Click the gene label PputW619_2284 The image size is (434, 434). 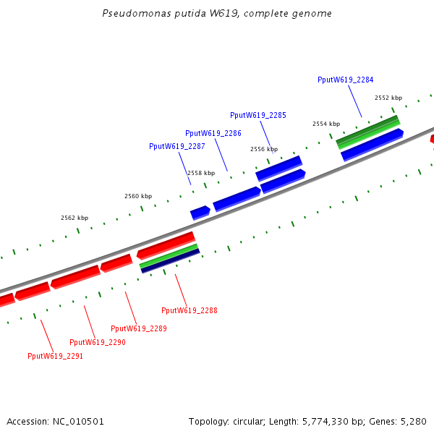point(345,80)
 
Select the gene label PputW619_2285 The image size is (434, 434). point(258,115)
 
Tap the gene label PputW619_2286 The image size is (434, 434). point(213,133)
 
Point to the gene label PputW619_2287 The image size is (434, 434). point(177,146)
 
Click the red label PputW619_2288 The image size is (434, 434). point(190,310)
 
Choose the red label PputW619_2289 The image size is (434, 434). point(139,328)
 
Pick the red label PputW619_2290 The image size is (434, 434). point(98,342)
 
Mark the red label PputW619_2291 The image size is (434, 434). point(56,356)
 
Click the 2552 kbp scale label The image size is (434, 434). point(388,98)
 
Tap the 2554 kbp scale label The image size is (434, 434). point(325,124)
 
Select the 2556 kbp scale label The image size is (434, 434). point(264,149)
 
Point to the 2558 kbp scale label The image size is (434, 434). point(201,173)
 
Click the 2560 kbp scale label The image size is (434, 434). point(138,196)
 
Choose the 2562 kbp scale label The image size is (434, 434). point(75,218)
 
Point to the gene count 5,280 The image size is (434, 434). point(412,421)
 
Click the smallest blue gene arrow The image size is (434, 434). point(200,213)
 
